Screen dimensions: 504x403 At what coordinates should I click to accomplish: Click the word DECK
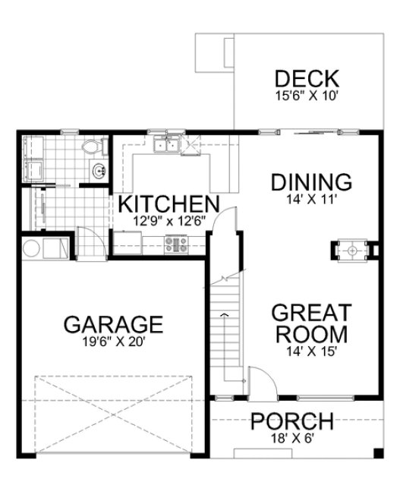tap(306, 78)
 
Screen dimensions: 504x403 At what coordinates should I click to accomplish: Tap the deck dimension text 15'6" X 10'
tap(306, 96)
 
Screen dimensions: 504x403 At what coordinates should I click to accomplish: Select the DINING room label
tap(311, 182)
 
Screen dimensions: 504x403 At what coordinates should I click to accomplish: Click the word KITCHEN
tap(168, 204)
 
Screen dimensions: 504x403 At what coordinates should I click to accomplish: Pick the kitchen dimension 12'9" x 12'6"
tap(167, 221)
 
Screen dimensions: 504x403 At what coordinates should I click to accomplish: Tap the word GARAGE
tap(112, 324)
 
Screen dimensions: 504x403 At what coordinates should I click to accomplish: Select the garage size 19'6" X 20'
tap(112, 342)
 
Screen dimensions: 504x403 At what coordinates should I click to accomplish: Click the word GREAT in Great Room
tap(311, 313)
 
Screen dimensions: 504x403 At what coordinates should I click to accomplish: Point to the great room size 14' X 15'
tap(311, 351)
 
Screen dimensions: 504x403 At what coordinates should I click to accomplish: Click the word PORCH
tap(292, 421)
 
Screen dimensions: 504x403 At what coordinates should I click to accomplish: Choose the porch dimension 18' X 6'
tap(292, 438)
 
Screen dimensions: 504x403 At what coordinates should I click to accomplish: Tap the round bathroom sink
tap(99, 171)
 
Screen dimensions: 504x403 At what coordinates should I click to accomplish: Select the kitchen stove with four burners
tap(177, 244)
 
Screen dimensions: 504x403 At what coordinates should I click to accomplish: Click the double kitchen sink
tap(166, 145)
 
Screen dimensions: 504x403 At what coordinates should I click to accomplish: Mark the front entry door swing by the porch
tap(258, 380)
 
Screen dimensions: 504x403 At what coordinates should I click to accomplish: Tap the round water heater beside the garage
tap(32, 247)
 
